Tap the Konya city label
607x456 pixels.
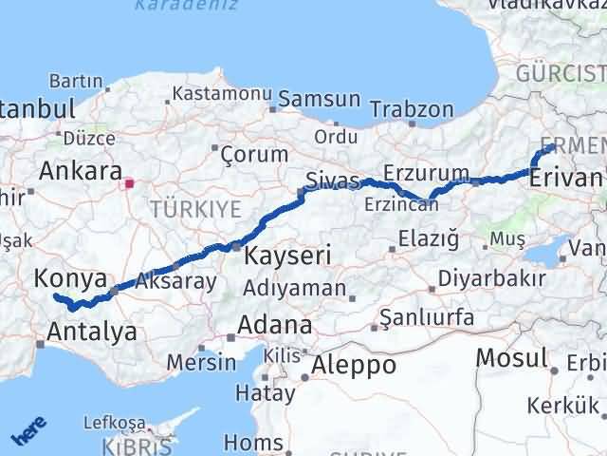pos(69,278)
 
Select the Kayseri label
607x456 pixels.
pos(287,255)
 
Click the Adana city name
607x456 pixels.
pos(274,325)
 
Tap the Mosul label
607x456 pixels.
pos(512,358)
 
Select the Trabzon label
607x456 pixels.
pos(412,109)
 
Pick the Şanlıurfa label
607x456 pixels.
pos(427,318)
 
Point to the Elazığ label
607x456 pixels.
pos(429,238)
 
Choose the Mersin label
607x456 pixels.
pos(200,363)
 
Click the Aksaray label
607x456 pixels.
pos(175,281)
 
